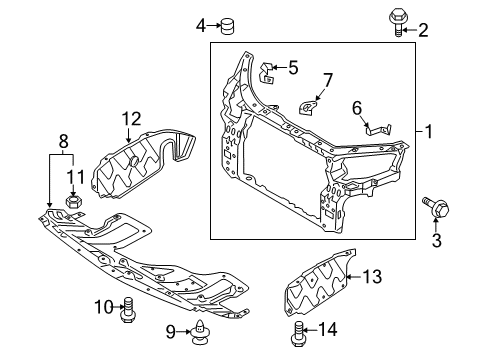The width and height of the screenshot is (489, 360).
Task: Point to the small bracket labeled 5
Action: tap(267, 71)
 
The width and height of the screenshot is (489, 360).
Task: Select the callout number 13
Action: tap(369, 276)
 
